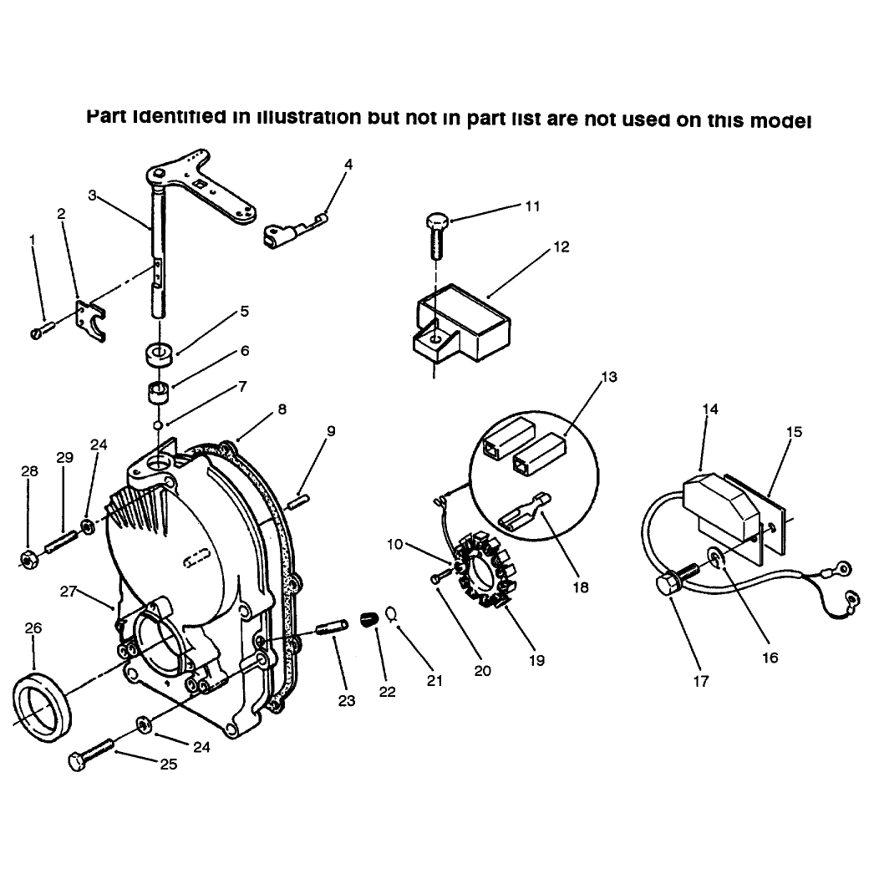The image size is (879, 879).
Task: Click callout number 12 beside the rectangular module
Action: click(561, 246)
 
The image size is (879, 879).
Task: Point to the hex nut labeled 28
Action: click(29, 559)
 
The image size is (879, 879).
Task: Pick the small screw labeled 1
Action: click(41, 329)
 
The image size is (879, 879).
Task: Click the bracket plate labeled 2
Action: click(89, 320)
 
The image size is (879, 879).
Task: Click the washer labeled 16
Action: click(716, 557)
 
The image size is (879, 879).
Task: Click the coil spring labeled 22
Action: click(369, 619)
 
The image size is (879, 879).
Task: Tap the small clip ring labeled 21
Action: click(391, 613)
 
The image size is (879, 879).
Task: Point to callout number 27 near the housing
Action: click(68, 592)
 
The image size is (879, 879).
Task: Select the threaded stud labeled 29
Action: click(63, 541)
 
